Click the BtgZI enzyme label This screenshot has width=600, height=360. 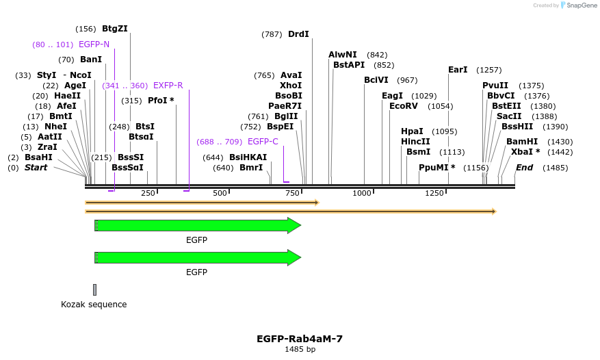[x=114, y=29]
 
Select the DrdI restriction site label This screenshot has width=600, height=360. [x=298, y=34]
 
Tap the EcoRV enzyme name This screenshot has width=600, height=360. [x=403, y=106]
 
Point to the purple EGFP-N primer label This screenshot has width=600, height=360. [x=94, y=44]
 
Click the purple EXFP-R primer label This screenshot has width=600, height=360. [x=168, y=86]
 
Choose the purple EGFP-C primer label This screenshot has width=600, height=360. [x=263, y=142]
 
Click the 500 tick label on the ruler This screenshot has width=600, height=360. [x=220, y=194]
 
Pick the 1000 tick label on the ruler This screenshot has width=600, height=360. [x=362, y=194]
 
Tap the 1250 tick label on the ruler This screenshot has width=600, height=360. [x=434, y=194]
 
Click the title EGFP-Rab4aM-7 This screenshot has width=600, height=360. [x=300, y=339]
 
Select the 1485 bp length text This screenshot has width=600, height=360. [x=300, y=350]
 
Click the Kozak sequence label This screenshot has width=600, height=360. [x=94, y=305]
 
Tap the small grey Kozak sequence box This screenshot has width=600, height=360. [x=94, y=290]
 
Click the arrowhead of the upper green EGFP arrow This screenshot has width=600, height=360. [x=294, y=225]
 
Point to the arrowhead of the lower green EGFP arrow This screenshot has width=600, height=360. [x=294, y=257]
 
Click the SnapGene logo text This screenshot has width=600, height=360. [x=576, y=5]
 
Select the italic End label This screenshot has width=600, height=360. [x=524, y=168]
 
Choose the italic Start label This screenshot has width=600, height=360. [x=36, y=168]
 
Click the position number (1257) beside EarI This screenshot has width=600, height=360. [x=489, y=70]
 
